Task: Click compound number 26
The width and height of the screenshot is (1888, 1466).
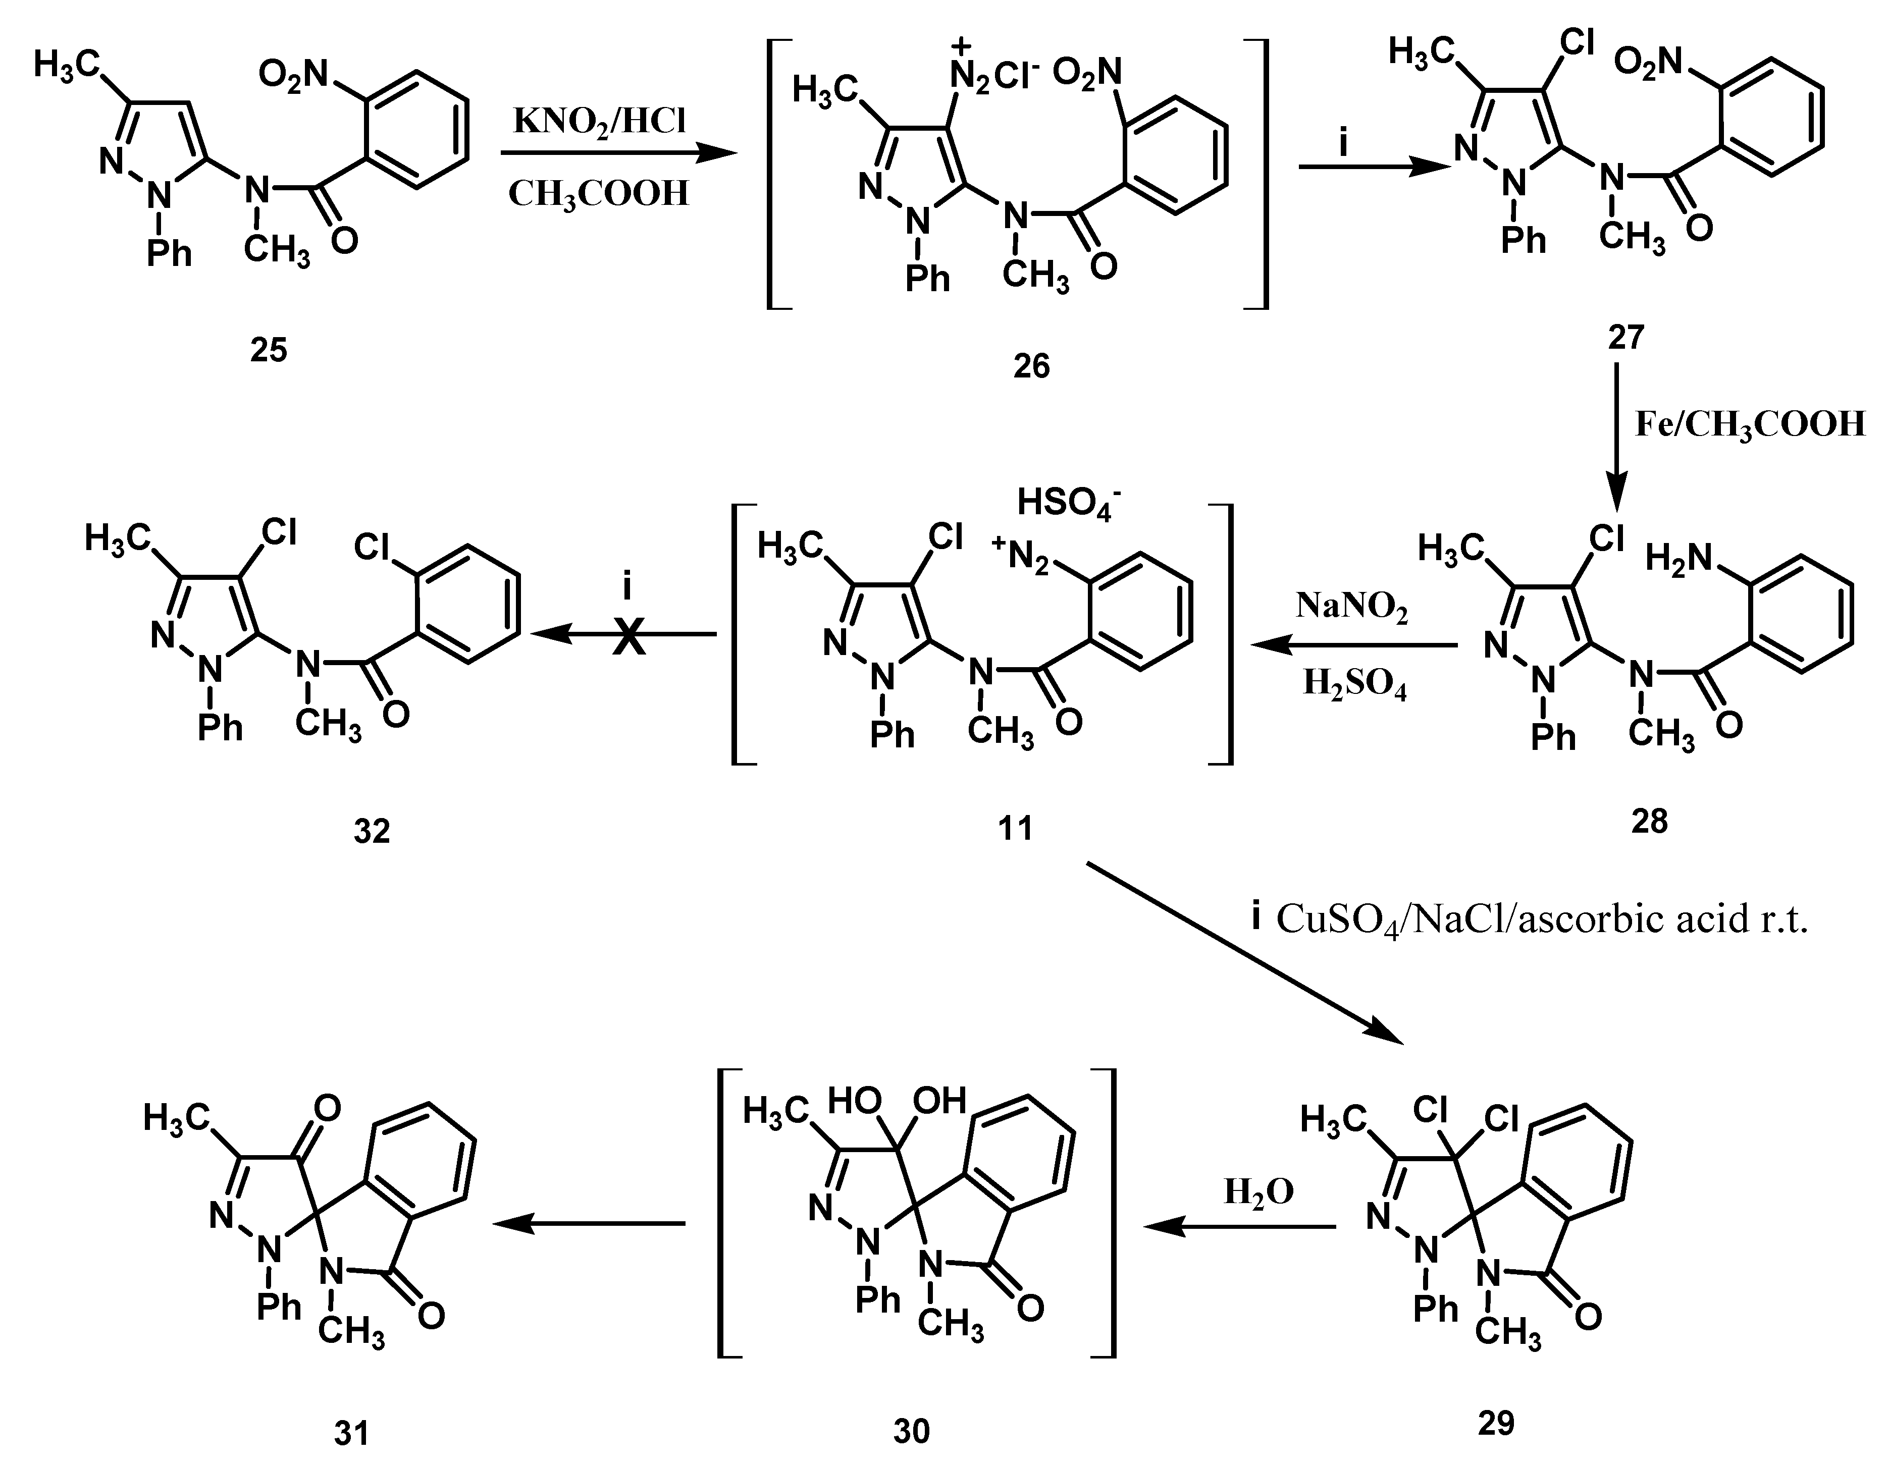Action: tap(1031, 366)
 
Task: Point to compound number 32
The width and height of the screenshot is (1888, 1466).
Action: tap(372, 831)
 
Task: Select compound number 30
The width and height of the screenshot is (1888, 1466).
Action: tap(911, 1431)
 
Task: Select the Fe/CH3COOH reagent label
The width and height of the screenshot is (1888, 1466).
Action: tap(1750, 424)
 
